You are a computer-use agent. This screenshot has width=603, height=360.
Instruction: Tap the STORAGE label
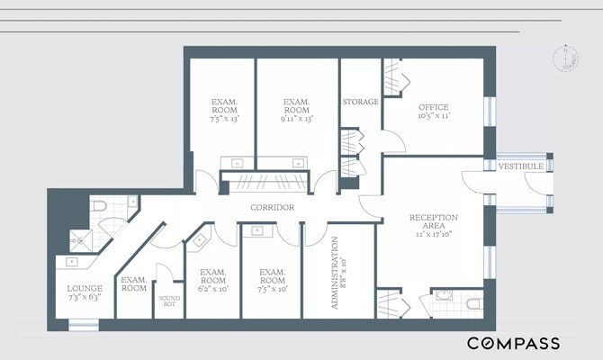tap(360, 103)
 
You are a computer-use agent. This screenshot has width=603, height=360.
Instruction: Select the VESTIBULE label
tap(521, 166)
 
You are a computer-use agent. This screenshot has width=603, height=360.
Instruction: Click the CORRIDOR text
tap(274, 208)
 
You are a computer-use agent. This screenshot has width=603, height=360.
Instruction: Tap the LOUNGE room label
tap(85, 288)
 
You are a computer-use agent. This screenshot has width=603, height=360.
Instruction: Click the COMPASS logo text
tap(512, 343)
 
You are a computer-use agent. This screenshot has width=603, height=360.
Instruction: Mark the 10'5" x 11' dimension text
tap(433, 116)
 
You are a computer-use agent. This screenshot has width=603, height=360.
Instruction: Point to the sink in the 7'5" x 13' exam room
tap(236, 164)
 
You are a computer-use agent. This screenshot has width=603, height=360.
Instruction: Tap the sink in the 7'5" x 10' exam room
tap(258, 231)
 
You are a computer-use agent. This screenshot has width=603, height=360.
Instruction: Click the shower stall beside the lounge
tap(82, 239)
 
